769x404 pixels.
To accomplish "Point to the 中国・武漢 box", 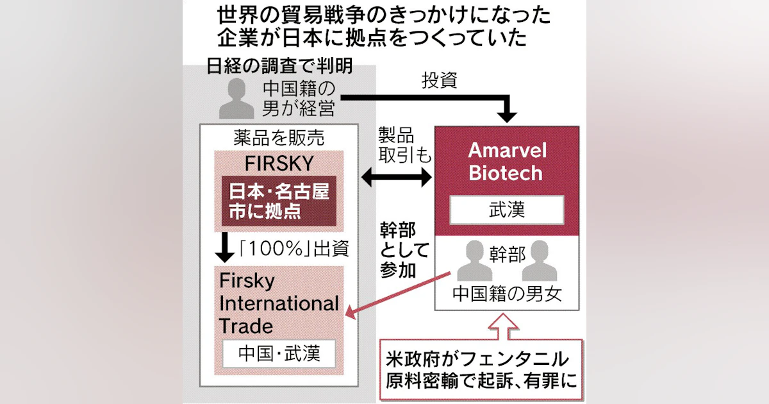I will click(x=279, y=353).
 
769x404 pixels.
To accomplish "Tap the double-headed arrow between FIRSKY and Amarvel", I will click(x=397, y=177).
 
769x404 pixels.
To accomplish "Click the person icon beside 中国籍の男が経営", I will click(x=231, y=99).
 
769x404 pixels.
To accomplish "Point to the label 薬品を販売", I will click(x=280, y=137).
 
